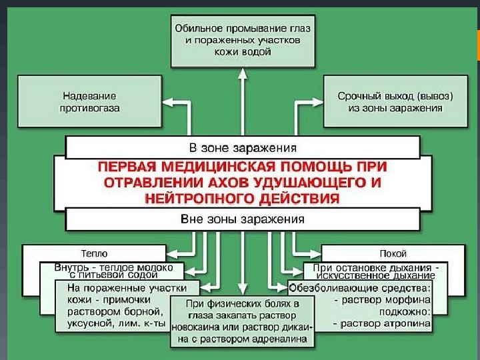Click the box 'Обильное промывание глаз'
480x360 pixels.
[243, 39]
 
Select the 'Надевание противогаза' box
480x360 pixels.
[89, 101]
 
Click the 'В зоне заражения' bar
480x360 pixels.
[243, 147]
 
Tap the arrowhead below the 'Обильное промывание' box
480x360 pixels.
[243, 71]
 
